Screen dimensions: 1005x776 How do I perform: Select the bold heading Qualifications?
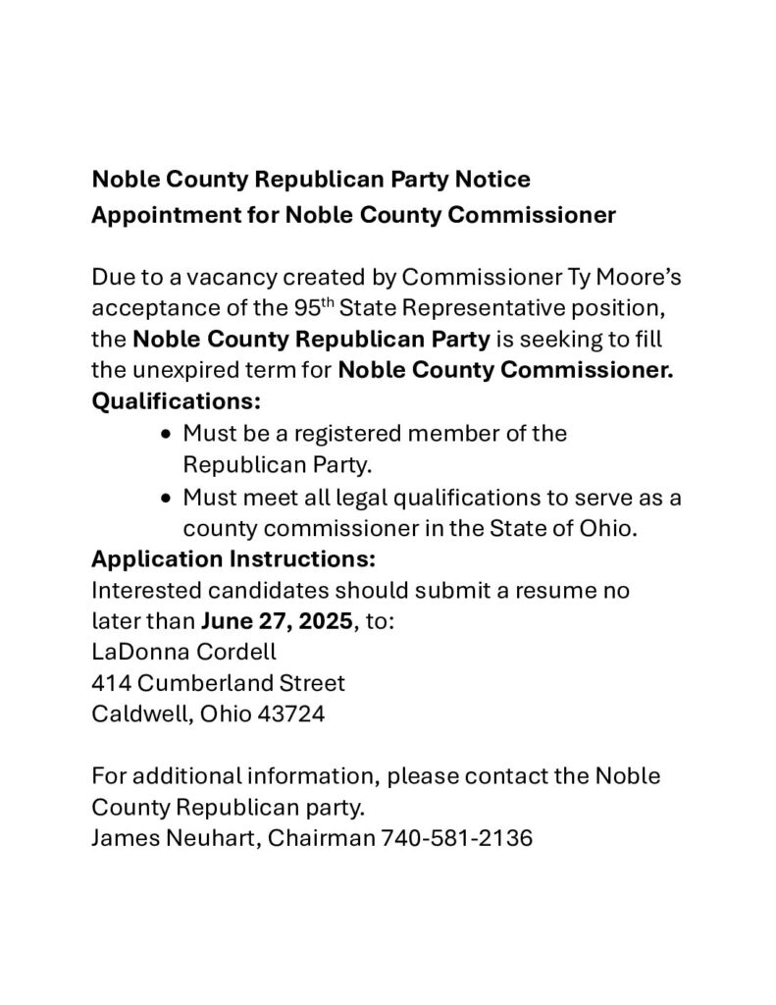[x=177, y=401]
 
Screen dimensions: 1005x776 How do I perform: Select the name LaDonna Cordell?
[x=183, y=653]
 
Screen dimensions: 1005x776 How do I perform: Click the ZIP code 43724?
[x=290, y=714]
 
